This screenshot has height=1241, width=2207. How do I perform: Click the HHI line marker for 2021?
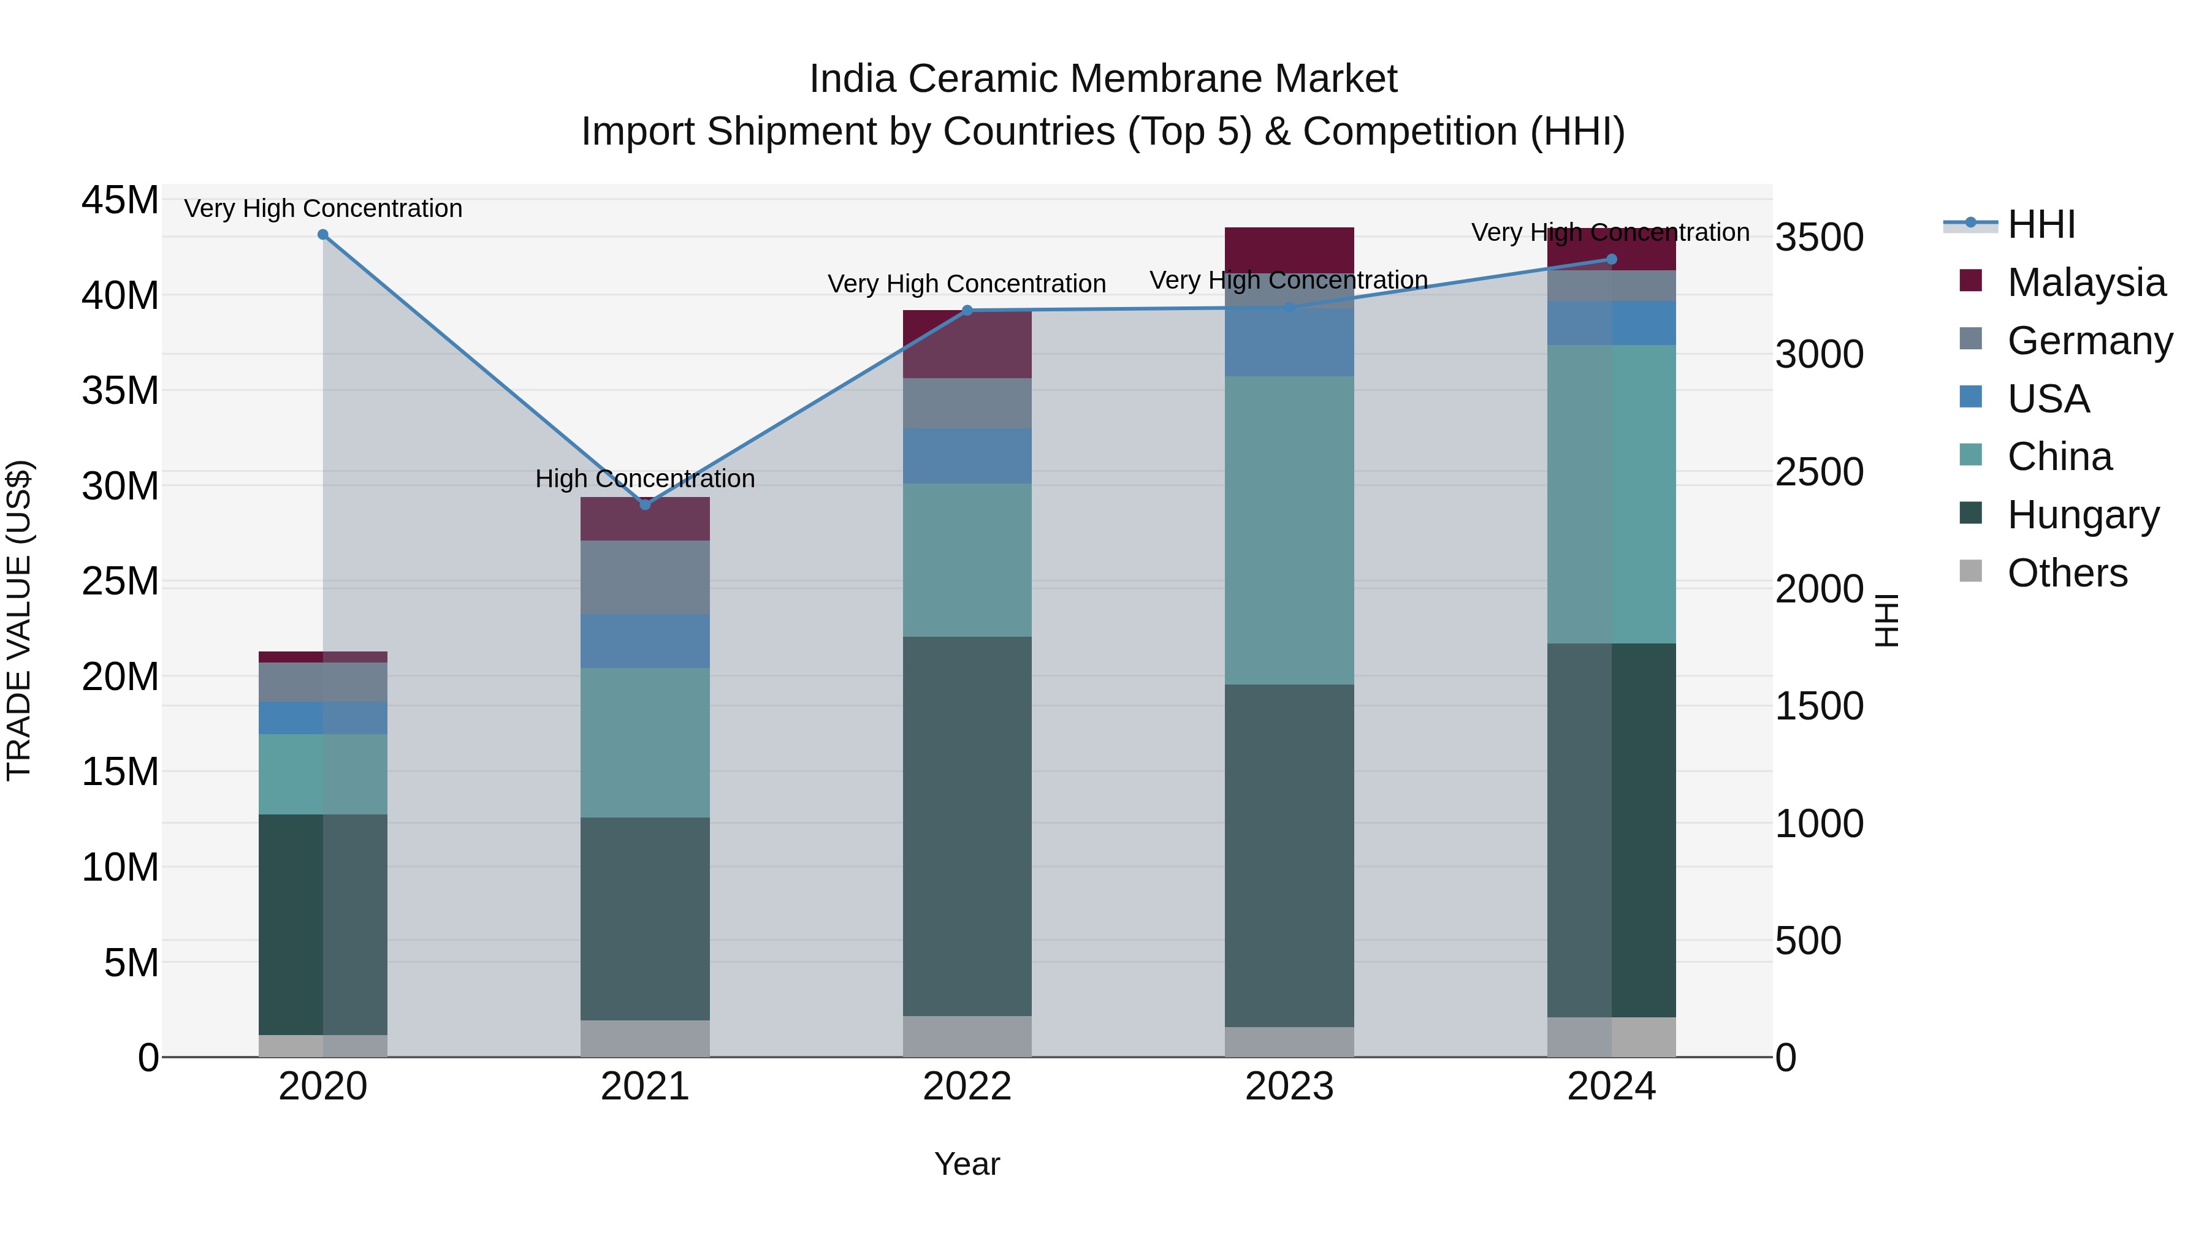(645, 504)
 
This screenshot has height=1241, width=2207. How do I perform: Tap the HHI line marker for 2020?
(323, 235)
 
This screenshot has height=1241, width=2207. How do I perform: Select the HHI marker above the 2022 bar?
(967, 310)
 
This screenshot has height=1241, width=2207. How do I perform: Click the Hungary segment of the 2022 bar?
(967, 827)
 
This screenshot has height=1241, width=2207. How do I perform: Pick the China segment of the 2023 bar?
(1289, 530)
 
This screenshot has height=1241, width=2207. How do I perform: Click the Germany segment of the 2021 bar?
(645, 577)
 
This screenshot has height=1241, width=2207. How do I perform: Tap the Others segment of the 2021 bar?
(645, 1038)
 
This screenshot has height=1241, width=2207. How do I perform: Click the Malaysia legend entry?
(2086, 283)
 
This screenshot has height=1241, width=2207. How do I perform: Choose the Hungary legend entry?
(2082, 515)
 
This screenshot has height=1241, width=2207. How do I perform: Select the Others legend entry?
(2067, 573)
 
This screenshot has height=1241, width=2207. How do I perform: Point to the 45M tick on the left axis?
(120, 200)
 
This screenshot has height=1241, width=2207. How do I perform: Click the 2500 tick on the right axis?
(1819, 472)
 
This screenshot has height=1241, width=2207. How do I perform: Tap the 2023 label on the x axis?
(1289, 1087)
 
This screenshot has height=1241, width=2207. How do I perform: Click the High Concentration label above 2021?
(645, 479)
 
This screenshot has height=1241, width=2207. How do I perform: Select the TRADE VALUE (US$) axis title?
(19, 620)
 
